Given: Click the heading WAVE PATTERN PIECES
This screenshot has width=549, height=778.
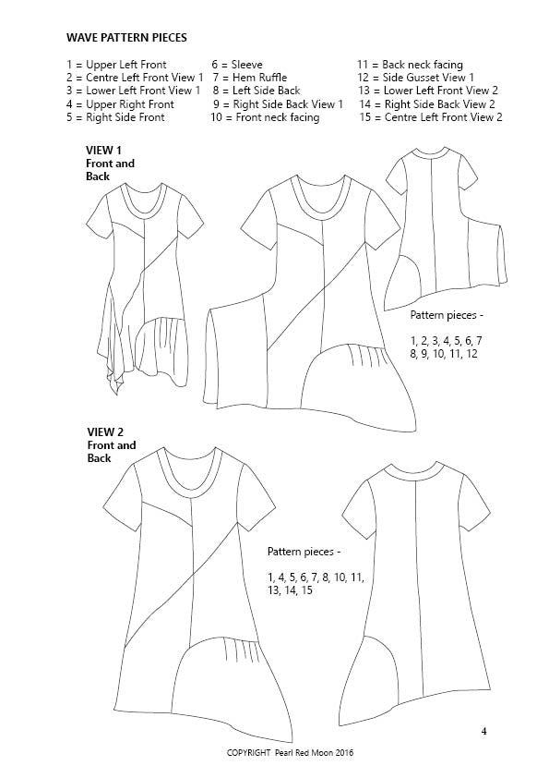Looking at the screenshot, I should (127, 38).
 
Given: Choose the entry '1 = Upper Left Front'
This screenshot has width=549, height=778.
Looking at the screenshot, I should (116, 65).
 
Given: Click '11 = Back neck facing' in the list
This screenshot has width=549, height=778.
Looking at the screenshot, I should (410, 65).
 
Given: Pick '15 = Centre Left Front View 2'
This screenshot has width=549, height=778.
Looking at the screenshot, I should (430, 117).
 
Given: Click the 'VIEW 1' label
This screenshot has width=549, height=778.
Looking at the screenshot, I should (104, 150).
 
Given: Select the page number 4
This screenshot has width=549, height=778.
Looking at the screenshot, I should (484, 733).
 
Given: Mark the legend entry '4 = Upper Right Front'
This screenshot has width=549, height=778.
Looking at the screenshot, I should (120, 104).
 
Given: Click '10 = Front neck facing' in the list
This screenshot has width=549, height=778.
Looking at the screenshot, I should (265, 117).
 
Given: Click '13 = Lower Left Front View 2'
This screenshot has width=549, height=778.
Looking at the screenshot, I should (428, 91).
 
